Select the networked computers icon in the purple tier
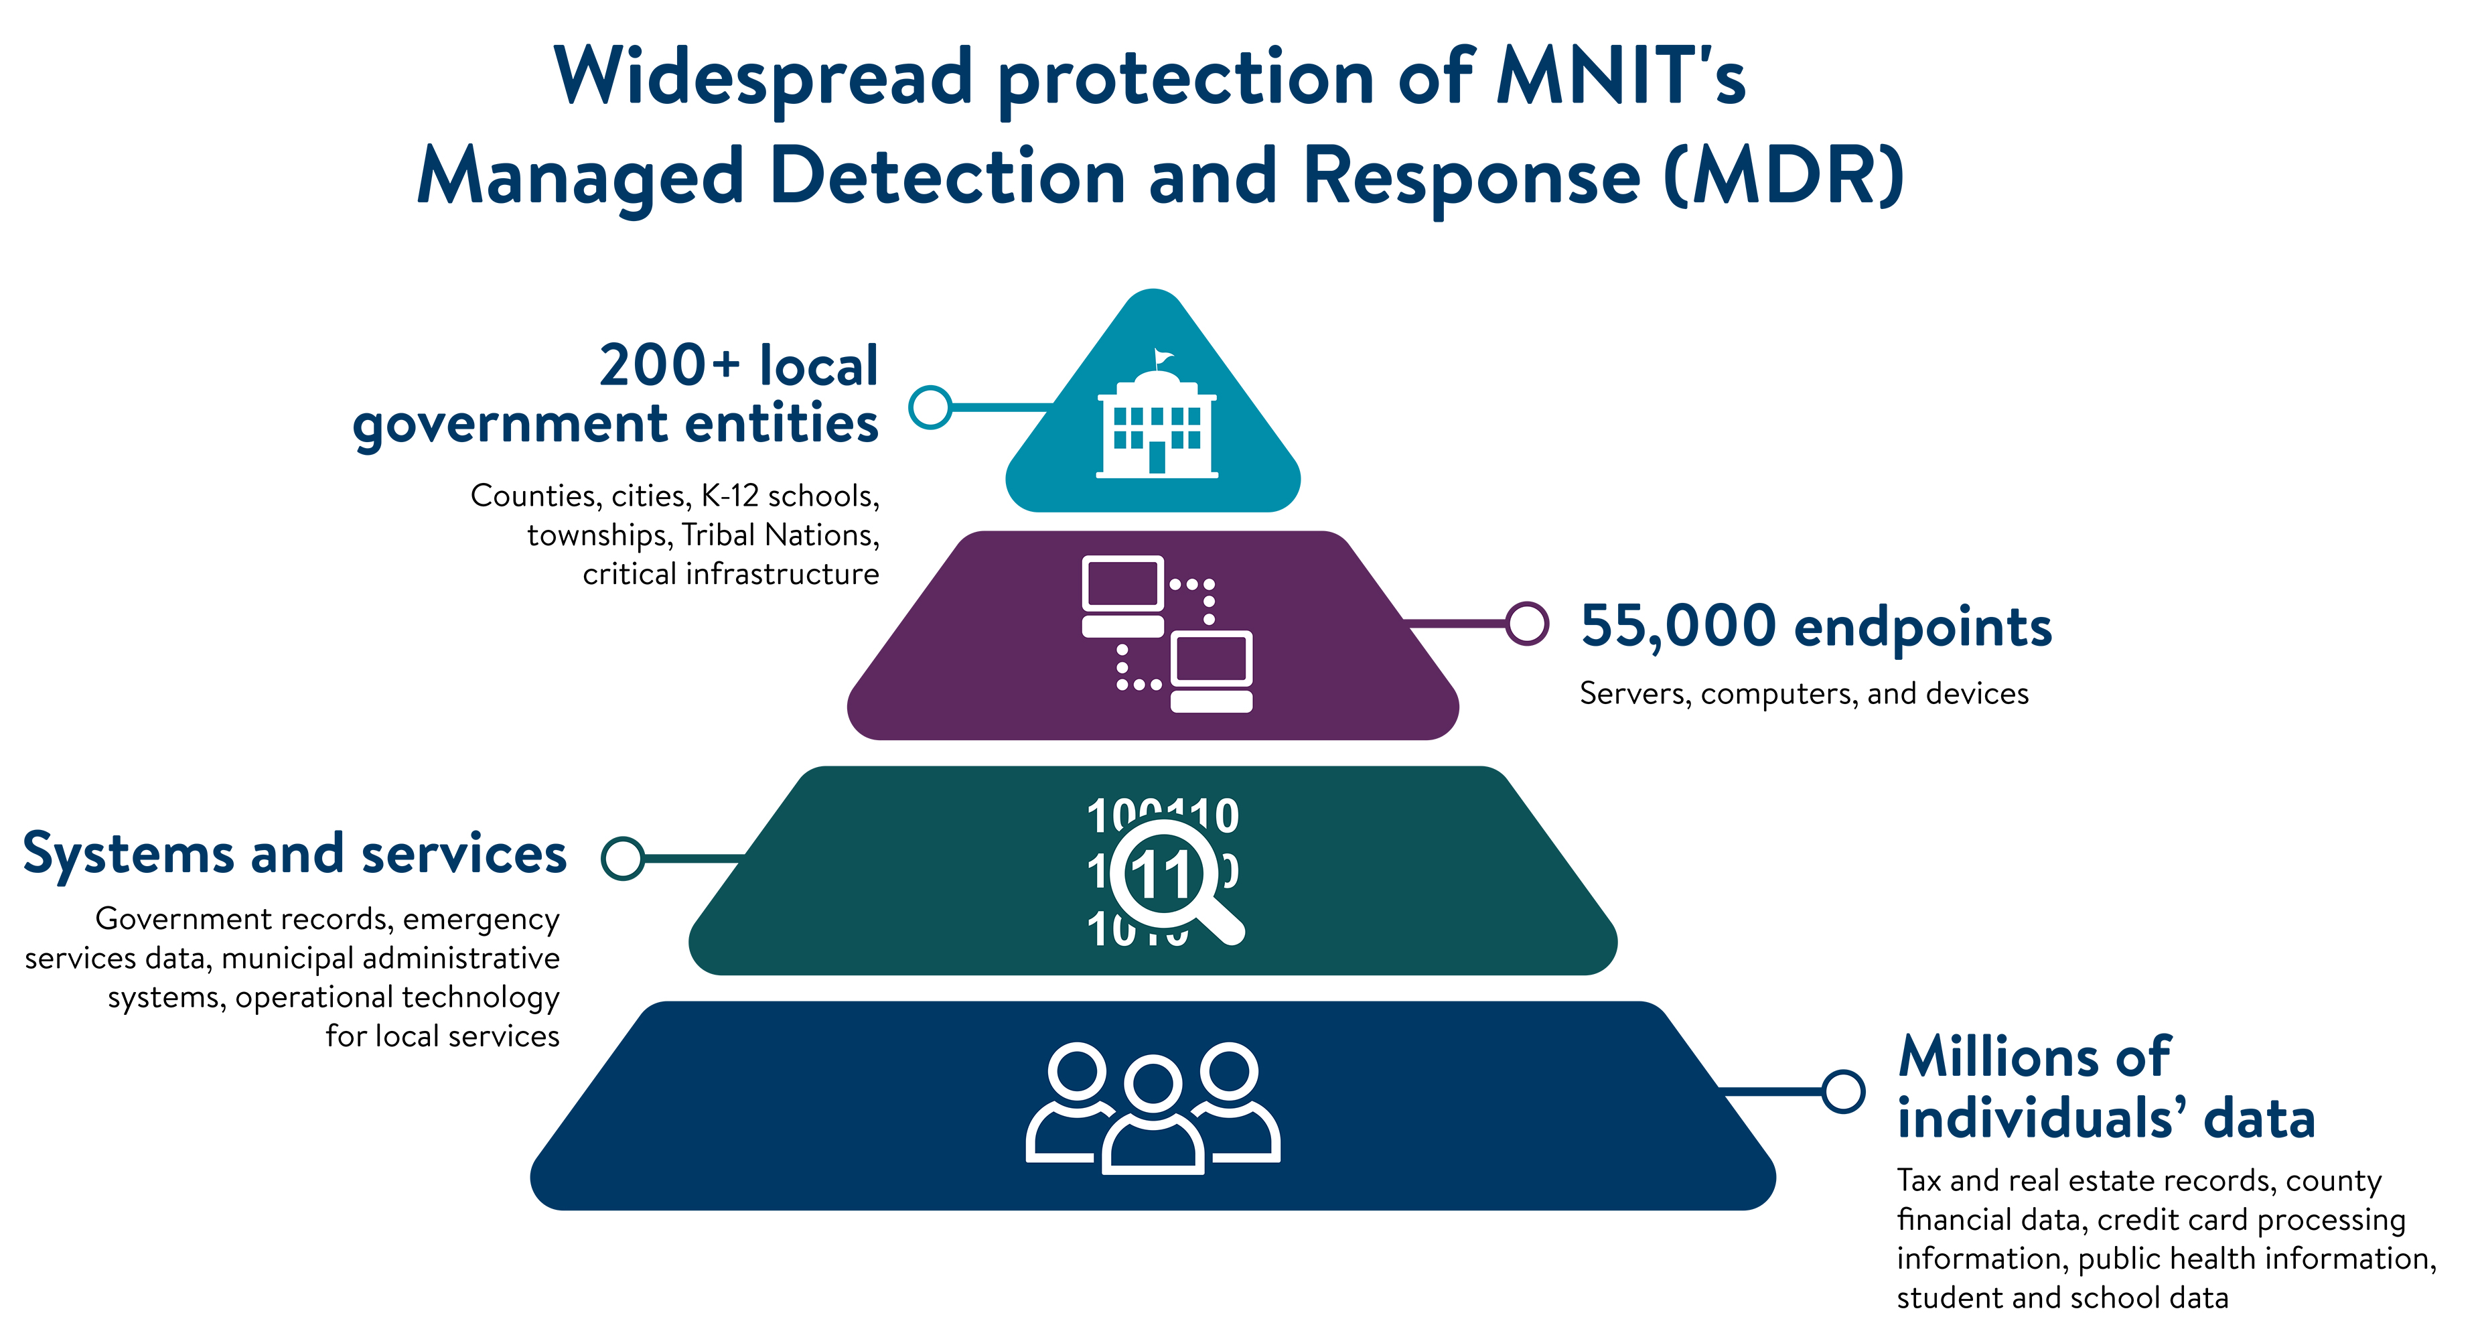[1167, 634]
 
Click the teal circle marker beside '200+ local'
[931, 407]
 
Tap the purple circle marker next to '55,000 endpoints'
[1527, 624]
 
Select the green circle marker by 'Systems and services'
[624, 857]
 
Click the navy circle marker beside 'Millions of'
[1843, 1092]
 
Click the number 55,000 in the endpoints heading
[1678, 626]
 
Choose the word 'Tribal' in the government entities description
[717, 535]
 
